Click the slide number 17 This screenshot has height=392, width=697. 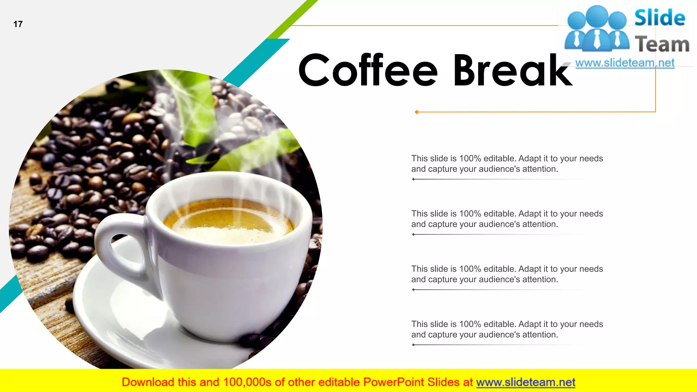(18, 24)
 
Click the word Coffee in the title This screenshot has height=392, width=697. (368, 70)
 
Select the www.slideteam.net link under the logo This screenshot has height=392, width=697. (625, 63)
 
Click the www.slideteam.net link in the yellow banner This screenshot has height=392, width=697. (525, 382)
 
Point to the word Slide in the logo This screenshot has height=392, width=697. (660, 18)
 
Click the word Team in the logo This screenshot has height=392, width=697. (662, 44)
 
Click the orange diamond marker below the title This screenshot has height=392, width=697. (417, 112)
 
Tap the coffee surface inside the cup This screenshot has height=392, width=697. (228, 221)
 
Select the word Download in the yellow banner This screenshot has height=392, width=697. (148, 382)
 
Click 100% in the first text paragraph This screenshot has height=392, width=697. (470, 159)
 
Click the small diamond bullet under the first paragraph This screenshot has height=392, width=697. (413, 179)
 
